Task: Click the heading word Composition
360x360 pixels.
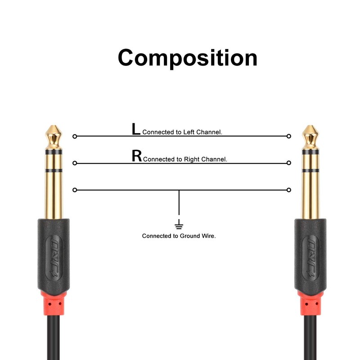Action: [187, 58]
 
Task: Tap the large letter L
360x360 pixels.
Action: [135, 130]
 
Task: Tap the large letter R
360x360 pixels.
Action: [136, 156]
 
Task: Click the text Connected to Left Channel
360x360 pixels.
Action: [182, 132]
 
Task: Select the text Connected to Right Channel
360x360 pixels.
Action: [184, 159]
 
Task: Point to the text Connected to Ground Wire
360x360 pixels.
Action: [179, 236]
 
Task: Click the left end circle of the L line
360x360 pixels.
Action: [75, 136]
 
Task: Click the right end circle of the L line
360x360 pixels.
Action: [289, 136]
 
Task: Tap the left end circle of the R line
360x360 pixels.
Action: [75, 163]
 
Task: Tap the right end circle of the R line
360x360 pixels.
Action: [289, 163]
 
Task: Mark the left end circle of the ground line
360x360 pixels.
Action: [75, 190]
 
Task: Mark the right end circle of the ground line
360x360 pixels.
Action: [289, 190]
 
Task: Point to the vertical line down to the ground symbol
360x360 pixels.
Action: [179, 205]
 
